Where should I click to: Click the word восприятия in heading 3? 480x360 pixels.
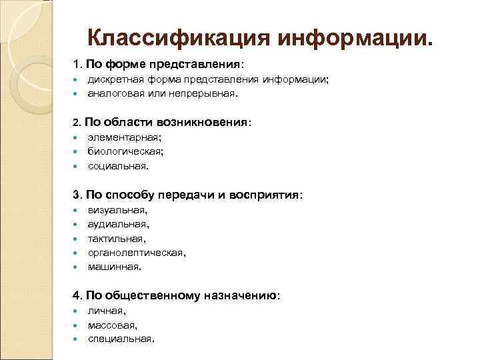pyautogui.click(x=265, y=195)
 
